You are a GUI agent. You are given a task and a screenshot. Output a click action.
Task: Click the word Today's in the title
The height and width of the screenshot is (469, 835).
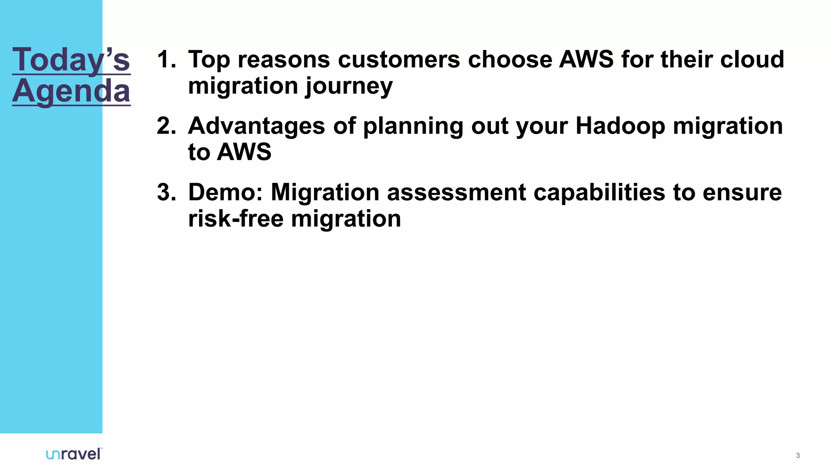[x=71, y=60]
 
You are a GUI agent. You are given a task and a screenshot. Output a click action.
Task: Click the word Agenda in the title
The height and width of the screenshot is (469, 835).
[x=71, y=91]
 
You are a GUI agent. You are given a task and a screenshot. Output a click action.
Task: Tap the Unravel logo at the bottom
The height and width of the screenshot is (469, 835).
[x=74, y=454]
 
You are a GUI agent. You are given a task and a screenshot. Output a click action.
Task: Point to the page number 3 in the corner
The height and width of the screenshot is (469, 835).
[x=798, y=456]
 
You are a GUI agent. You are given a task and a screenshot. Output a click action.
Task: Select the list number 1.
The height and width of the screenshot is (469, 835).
[x=166, y=59]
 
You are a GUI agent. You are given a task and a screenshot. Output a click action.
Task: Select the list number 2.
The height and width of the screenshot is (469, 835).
[x=166, y=126]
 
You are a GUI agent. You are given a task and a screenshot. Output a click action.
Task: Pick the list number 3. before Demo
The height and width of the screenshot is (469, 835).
[x=166, y=192]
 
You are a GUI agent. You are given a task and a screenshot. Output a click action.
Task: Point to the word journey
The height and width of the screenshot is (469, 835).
[x=349, y=86]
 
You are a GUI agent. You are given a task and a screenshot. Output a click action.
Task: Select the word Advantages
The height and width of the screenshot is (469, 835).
[x=256, y=126]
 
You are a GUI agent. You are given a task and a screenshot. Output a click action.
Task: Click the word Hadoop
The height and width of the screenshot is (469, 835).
[x=620, y=126]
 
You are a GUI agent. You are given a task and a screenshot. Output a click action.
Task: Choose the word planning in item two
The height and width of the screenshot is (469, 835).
[x=413, y=126]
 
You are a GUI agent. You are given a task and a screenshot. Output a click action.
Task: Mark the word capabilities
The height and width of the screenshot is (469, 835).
[x=599, y=192]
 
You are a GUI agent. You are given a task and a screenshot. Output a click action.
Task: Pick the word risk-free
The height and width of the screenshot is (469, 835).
[x=236, y=219]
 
